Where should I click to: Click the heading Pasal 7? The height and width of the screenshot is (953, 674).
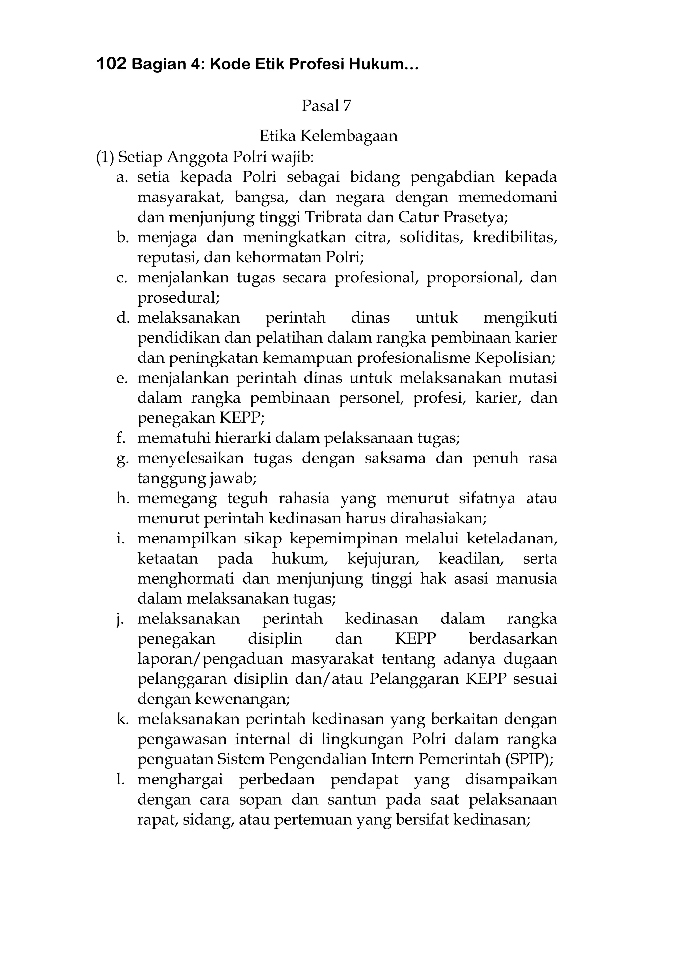326,106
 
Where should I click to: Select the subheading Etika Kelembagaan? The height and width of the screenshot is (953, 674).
328,136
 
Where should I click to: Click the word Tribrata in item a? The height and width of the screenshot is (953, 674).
325,217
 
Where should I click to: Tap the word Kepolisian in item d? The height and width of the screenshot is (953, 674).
515,357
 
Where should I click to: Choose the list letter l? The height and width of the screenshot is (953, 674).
120,780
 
